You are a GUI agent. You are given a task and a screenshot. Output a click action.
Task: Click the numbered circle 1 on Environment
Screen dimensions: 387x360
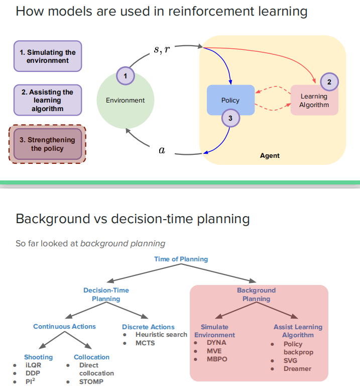click(126, 76)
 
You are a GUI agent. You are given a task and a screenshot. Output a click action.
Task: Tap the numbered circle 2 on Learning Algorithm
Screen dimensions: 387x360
click(329, 82)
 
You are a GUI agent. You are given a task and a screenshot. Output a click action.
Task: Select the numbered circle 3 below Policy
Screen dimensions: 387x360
click(230, 118)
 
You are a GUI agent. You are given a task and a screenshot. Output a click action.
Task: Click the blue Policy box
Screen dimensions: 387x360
click(230, 100)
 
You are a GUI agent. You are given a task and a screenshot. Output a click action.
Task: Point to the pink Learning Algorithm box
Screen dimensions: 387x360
click(314, 100)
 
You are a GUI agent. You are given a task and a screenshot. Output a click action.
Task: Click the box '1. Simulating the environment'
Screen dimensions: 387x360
click(48, 56)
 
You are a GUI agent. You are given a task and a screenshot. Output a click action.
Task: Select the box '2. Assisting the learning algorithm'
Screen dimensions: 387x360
click(48, 100)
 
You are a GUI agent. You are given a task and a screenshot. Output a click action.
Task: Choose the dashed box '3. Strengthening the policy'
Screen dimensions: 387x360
click(48, 144)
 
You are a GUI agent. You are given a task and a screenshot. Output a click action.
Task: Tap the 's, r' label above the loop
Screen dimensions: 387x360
click(162, 49)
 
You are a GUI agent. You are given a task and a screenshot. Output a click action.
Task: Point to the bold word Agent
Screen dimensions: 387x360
click(270, 156)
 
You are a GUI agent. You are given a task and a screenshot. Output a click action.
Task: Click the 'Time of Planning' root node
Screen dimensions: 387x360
click(181, 259)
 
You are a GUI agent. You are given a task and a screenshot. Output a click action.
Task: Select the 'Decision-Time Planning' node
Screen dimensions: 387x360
click(106, 295)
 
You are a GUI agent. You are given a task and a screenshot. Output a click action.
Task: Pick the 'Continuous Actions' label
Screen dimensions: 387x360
click(64, 327)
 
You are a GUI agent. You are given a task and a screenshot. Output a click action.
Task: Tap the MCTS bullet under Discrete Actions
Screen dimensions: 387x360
click(145, 343)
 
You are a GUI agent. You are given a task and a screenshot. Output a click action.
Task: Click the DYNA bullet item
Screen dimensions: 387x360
click(216, 343)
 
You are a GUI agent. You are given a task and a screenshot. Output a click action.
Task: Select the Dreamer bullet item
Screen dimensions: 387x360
click(297, 368)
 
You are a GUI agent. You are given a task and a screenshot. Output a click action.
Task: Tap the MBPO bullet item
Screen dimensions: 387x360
click(217, 359)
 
